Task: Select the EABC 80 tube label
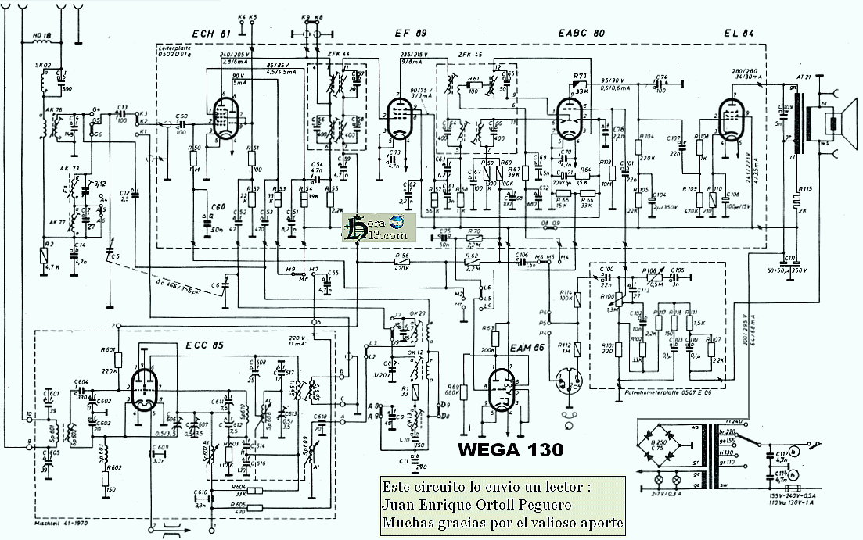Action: [x=581, y=34]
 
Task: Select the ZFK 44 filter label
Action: [x=340, y=53]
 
